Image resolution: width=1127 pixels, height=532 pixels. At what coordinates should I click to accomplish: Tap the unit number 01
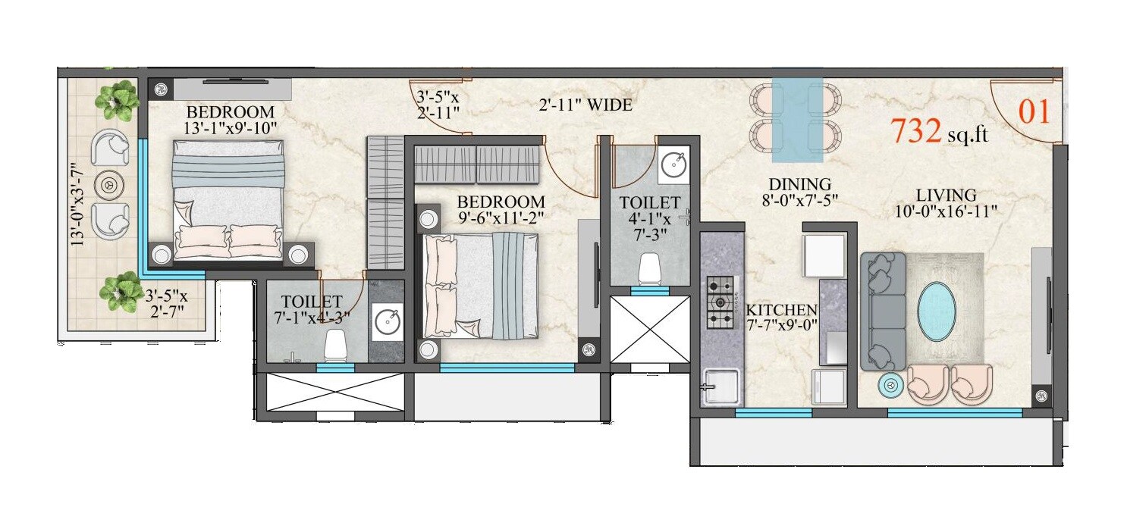tap(1034, 112)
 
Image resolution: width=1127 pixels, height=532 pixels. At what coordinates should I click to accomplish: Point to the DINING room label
tap(799, 184)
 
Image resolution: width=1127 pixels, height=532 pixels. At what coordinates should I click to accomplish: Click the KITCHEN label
tap(781, 310)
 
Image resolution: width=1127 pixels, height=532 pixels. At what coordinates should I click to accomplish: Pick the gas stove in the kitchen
tap(720, 302)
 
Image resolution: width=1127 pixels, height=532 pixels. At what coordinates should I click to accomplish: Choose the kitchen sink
tap(720, 386)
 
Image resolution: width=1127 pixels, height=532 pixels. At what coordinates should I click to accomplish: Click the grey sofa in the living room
tap(884, 311)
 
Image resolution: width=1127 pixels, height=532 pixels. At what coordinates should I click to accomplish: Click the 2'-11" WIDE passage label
tap(585, 105)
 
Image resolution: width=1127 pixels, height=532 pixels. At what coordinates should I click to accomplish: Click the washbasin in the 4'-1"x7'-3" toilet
tap(672, 164)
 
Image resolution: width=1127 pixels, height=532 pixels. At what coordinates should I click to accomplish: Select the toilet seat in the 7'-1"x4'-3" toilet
tap(334, 346)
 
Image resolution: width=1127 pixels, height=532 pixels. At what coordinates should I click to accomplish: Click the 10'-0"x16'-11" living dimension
tap(945, 211)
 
